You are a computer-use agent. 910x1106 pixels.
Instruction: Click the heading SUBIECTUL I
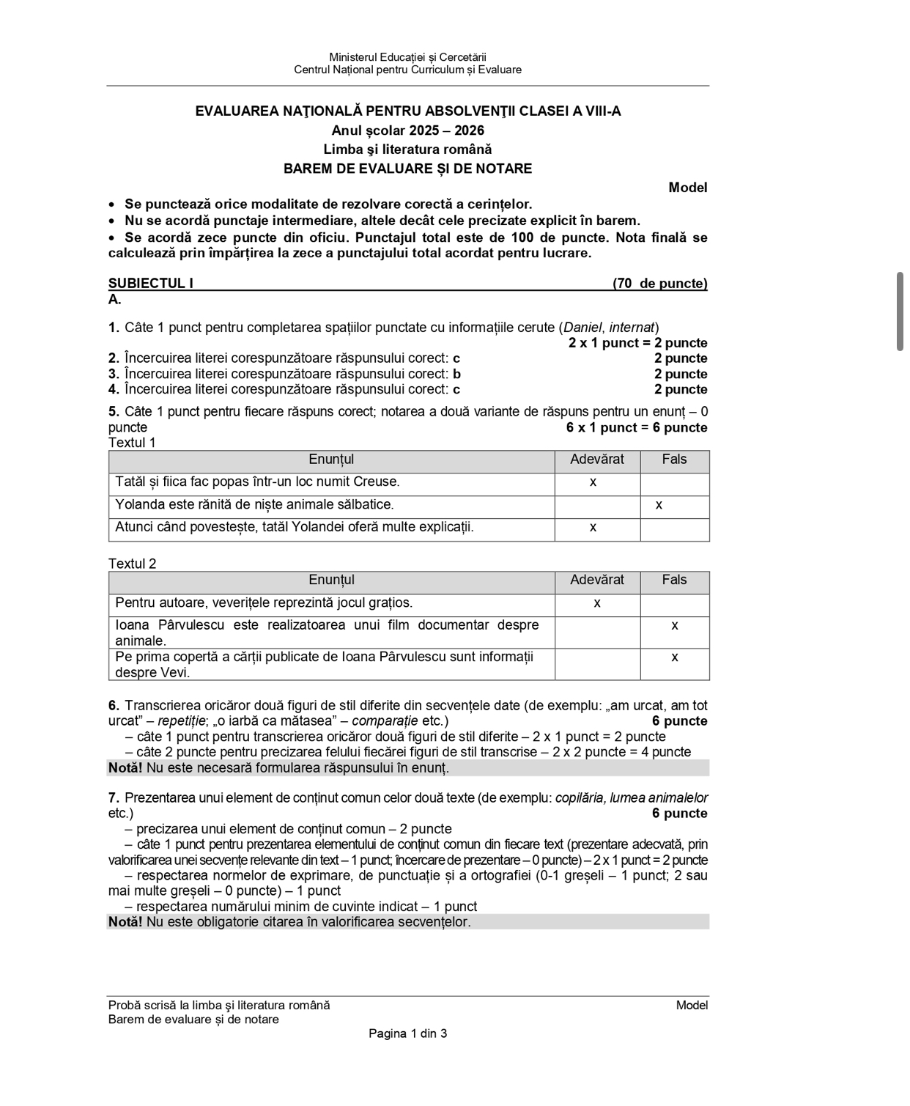click(x=151, y=284)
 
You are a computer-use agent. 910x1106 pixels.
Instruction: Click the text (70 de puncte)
click(x=659, y=284)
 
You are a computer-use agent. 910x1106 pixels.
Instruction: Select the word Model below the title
click(x=687, y=188)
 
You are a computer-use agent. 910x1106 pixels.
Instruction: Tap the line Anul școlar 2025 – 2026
click(x=407, y=130)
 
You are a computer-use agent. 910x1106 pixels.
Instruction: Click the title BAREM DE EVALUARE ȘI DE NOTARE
click(x=407, y=169)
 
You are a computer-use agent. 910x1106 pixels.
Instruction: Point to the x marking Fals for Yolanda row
click(x=659, y=505)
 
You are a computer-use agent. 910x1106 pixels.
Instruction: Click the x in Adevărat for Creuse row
click(x=593, y=482)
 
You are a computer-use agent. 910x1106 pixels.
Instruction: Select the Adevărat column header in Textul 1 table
click(x=596, y=460)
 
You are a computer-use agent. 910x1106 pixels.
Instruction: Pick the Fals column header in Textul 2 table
click(x=674, y=580)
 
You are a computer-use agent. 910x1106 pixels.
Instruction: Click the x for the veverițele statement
click(x=596, y=603)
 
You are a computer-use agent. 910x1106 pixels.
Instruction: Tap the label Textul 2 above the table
click(x=132, y=564)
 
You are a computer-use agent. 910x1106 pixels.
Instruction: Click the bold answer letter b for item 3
click(x=456, y=374)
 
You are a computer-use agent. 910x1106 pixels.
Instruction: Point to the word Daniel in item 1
click(x=582, y=328)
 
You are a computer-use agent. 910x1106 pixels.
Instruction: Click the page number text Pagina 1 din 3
click(x=407, y=1033)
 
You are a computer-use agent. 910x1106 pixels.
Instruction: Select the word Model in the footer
click(x=692, y=1005)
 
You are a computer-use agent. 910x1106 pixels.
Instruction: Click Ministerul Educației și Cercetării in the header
click(x=407, y=57)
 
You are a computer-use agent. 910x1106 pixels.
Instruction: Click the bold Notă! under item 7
click(x=125, y=921)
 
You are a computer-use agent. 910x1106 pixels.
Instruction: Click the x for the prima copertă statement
click(x=674, y=657)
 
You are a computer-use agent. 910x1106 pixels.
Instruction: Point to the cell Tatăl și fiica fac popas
click(x=257, y=482)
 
